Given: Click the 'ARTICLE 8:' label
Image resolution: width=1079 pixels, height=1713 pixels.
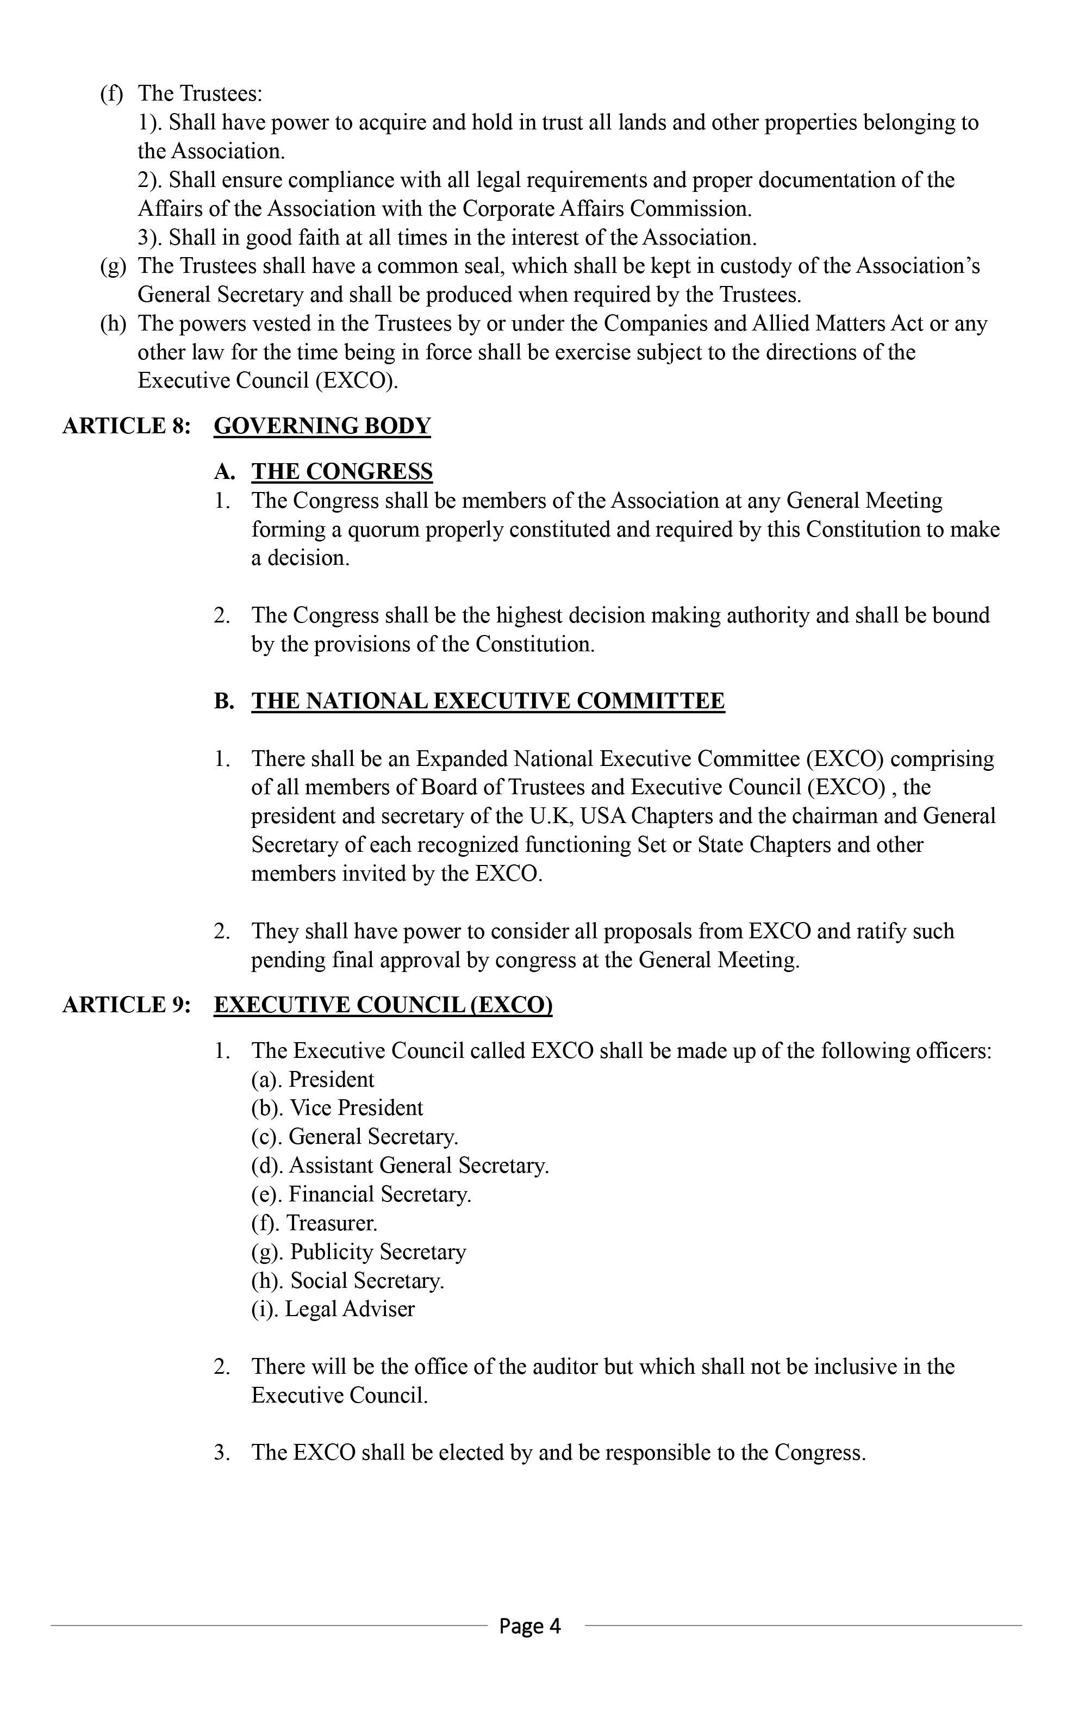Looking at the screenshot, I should (x=127, y=426).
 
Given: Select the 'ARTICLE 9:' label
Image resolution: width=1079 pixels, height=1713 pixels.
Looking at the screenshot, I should (x=127, y=1005).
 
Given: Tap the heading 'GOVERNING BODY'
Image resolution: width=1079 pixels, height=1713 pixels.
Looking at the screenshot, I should (x=322, y=426).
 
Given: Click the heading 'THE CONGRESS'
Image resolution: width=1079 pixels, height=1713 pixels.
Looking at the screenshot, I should (x=341, y=472).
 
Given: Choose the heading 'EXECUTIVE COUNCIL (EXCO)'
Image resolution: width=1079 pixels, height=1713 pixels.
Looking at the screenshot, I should (x=383, y=1005).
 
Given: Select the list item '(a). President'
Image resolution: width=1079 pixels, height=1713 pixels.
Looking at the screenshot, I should (x=312, y=1080).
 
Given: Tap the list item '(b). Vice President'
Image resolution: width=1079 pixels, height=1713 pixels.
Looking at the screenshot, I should (x=336, y=1108).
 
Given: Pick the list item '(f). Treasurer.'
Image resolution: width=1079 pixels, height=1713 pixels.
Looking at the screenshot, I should (x=314, y=1224).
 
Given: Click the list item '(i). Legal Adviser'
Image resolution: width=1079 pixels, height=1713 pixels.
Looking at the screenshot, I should (x=332, y=1310).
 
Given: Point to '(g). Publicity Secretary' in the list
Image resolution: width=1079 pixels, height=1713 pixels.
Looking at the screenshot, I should (x=358, y=1252).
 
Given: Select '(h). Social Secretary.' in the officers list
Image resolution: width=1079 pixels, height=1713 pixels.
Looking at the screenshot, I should (x=347, y=1281).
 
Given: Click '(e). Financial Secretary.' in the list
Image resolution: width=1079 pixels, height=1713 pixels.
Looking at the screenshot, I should (x=360, y=1194).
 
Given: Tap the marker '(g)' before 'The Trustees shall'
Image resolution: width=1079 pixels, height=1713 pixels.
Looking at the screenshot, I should (x=113, y=267).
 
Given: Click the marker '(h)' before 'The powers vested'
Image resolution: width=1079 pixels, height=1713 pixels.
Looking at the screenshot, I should (x=113, y=325).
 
